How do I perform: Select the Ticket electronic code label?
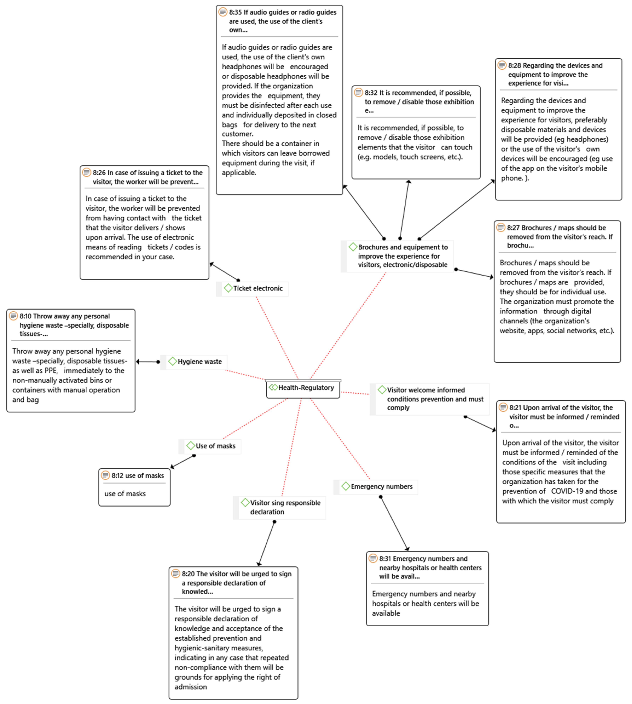pos(258,289)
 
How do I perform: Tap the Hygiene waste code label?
pos(199,362)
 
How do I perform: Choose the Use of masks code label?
pos(215,446)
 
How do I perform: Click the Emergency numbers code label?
pos(381,487)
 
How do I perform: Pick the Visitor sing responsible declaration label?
pos(285,507)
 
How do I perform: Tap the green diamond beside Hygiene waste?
pos(172,361)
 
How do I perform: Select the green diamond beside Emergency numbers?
pos(346,486)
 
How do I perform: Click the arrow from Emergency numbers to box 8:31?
pos(395,523)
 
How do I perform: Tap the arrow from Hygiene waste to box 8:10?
pos(148,362)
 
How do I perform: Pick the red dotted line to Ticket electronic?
pos(277,337)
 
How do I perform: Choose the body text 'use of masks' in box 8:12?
pos(125,494)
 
